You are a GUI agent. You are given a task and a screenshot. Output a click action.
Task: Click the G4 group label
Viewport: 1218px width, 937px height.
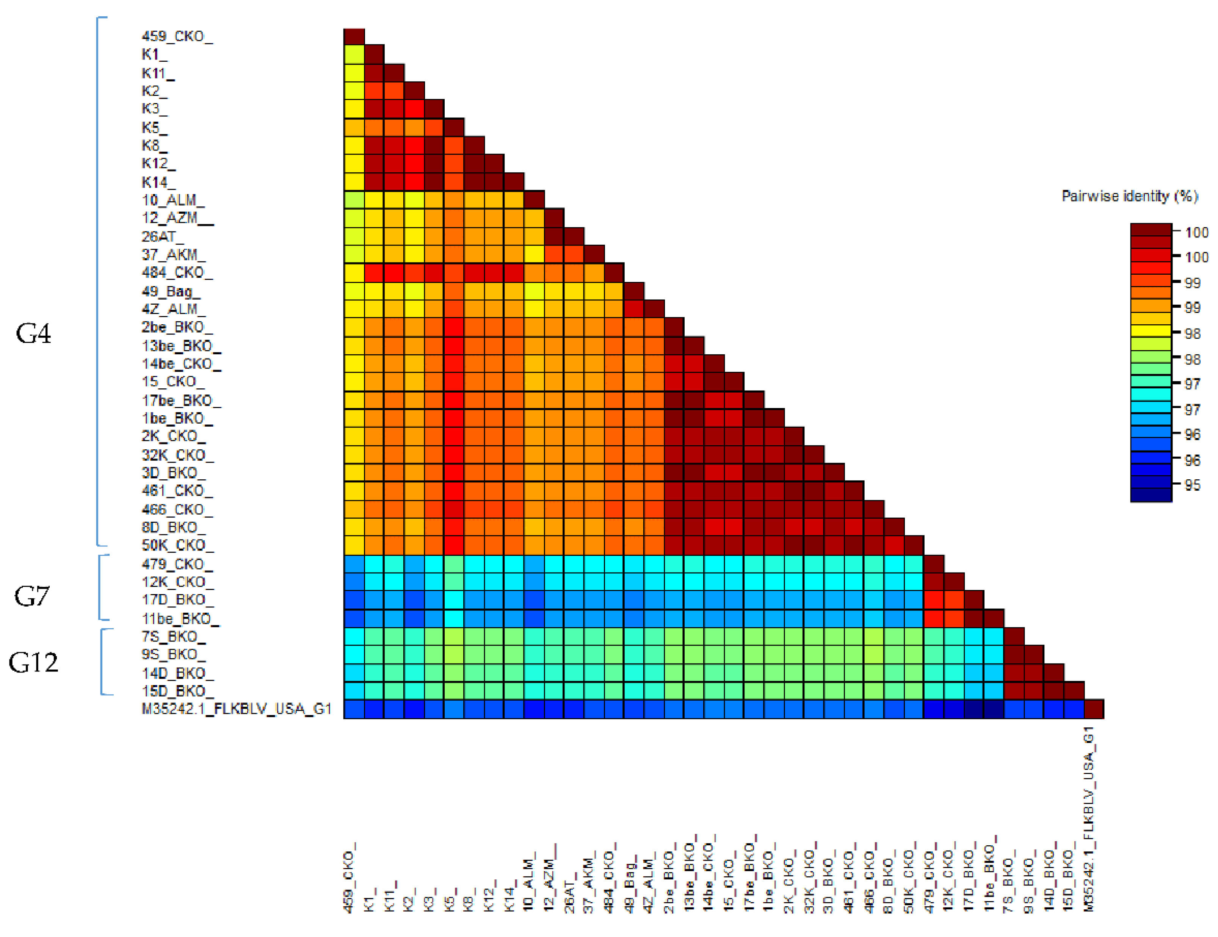pos(33,333)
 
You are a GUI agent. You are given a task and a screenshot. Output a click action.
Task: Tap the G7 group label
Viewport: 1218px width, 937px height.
pos(32,596)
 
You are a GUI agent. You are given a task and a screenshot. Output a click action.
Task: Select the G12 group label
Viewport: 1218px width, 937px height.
pos(33,662)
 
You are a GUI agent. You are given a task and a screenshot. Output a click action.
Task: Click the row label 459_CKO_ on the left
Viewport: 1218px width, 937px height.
pos(177,36)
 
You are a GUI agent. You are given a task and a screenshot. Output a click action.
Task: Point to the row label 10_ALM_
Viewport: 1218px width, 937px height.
pos(173,200)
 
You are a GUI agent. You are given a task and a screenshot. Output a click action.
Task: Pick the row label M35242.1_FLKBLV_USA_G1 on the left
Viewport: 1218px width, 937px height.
pos(237,709)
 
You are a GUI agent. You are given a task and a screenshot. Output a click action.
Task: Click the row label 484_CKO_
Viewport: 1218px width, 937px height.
pos(177,272)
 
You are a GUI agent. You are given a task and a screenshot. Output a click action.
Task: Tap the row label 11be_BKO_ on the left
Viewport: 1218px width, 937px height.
pos(180,618)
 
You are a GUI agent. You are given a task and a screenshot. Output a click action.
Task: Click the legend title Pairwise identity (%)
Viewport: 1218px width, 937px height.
pos(1129,196)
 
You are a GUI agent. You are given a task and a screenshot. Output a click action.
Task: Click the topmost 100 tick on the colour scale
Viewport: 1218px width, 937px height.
pos(1196,232)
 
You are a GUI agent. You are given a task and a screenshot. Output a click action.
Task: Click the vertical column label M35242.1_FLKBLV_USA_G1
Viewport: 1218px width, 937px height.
pos(1089,820)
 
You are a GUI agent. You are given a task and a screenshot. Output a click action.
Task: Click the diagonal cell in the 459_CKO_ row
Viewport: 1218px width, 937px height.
pos(354,36)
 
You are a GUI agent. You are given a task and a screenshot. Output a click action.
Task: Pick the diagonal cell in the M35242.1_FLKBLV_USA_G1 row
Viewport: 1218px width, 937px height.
pos(1094,709)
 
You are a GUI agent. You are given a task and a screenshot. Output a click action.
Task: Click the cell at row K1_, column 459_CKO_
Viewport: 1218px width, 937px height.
pos(354,55)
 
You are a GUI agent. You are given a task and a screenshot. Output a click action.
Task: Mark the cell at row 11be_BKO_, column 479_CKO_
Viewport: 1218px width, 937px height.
pos(934,618)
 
